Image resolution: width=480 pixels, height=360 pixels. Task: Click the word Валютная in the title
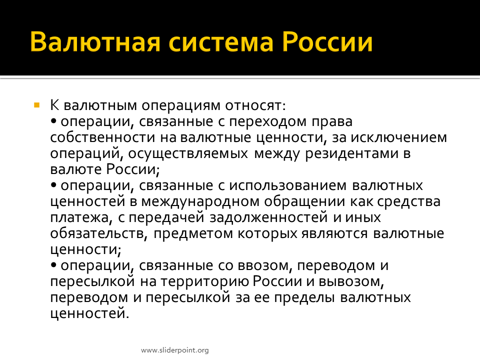tap(95, 41)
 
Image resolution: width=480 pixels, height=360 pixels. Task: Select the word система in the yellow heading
tap(220, 42)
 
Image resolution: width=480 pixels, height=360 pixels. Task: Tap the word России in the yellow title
tap(327, 41)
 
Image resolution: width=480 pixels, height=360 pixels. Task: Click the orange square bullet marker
tap(36, 105)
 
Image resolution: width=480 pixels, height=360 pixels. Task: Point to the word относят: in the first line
tap(255, 105)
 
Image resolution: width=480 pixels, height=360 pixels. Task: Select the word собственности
tap(102, 137)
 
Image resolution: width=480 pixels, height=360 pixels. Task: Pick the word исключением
tap(399, 137)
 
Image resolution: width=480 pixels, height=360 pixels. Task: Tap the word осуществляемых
tap(188, 154)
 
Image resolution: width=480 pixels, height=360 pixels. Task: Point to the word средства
tap(408, 202)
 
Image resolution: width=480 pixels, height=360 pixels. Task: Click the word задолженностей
tap(269, 217)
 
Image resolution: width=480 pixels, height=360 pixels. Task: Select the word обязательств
tap(97, 233)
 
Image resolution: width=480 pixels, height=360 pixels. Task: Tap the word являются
tap(334, 234)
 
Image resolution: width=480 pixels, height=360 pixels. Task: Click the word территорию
tap(205, 282)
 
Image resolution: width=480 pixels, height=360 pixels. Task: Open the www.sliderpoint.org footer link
tap(175, 350)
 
